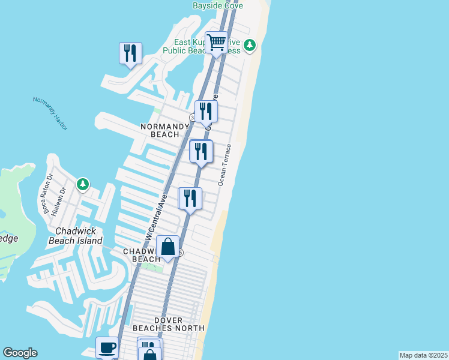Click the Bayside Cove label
pos(217,5)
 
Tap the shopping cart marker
pos(216,43)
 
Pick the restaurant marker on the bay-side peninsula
pos(130,53)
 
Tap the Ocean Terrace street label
pos(225,164)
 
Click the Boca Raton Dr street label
pos(47,193)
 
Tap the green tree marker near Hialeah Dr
pos(83,184)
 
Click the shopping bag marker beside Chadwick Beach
pos(167,247)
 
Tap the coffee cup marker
pos(107,347)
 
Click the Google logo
pos(20,353)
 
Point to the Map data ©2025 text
pos(423,355)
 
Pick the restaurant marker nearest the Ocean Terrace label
pos(201,151)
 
